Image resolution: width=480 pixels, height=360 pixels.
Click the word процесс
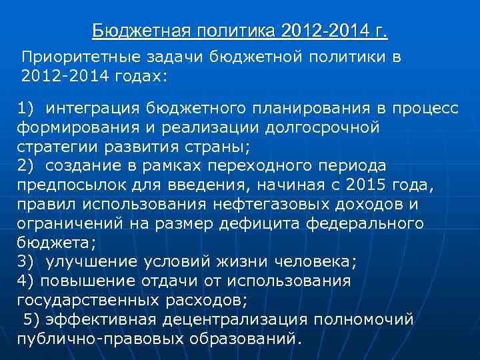coord(427,109)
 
